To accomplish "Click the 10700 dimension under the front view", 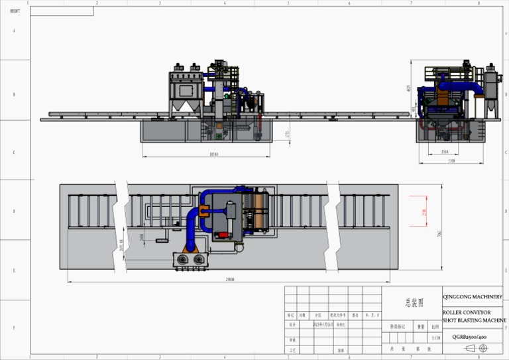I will [213, 154].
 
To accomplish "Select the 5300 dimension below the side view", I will [451, 160].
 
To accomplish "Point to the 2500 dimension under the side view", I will [445, 152].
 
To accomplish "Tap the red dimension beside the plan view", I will [424, 211].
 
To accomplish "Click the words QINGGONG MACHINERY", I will [473, 297].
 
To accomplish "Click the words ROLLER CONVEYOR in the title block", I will [467, 312].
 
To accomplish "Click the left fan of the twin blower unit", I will [181, 261].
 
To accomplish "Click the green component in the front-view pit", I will [218, 136].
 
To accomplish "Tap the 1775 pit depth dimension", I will [286, 134].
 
